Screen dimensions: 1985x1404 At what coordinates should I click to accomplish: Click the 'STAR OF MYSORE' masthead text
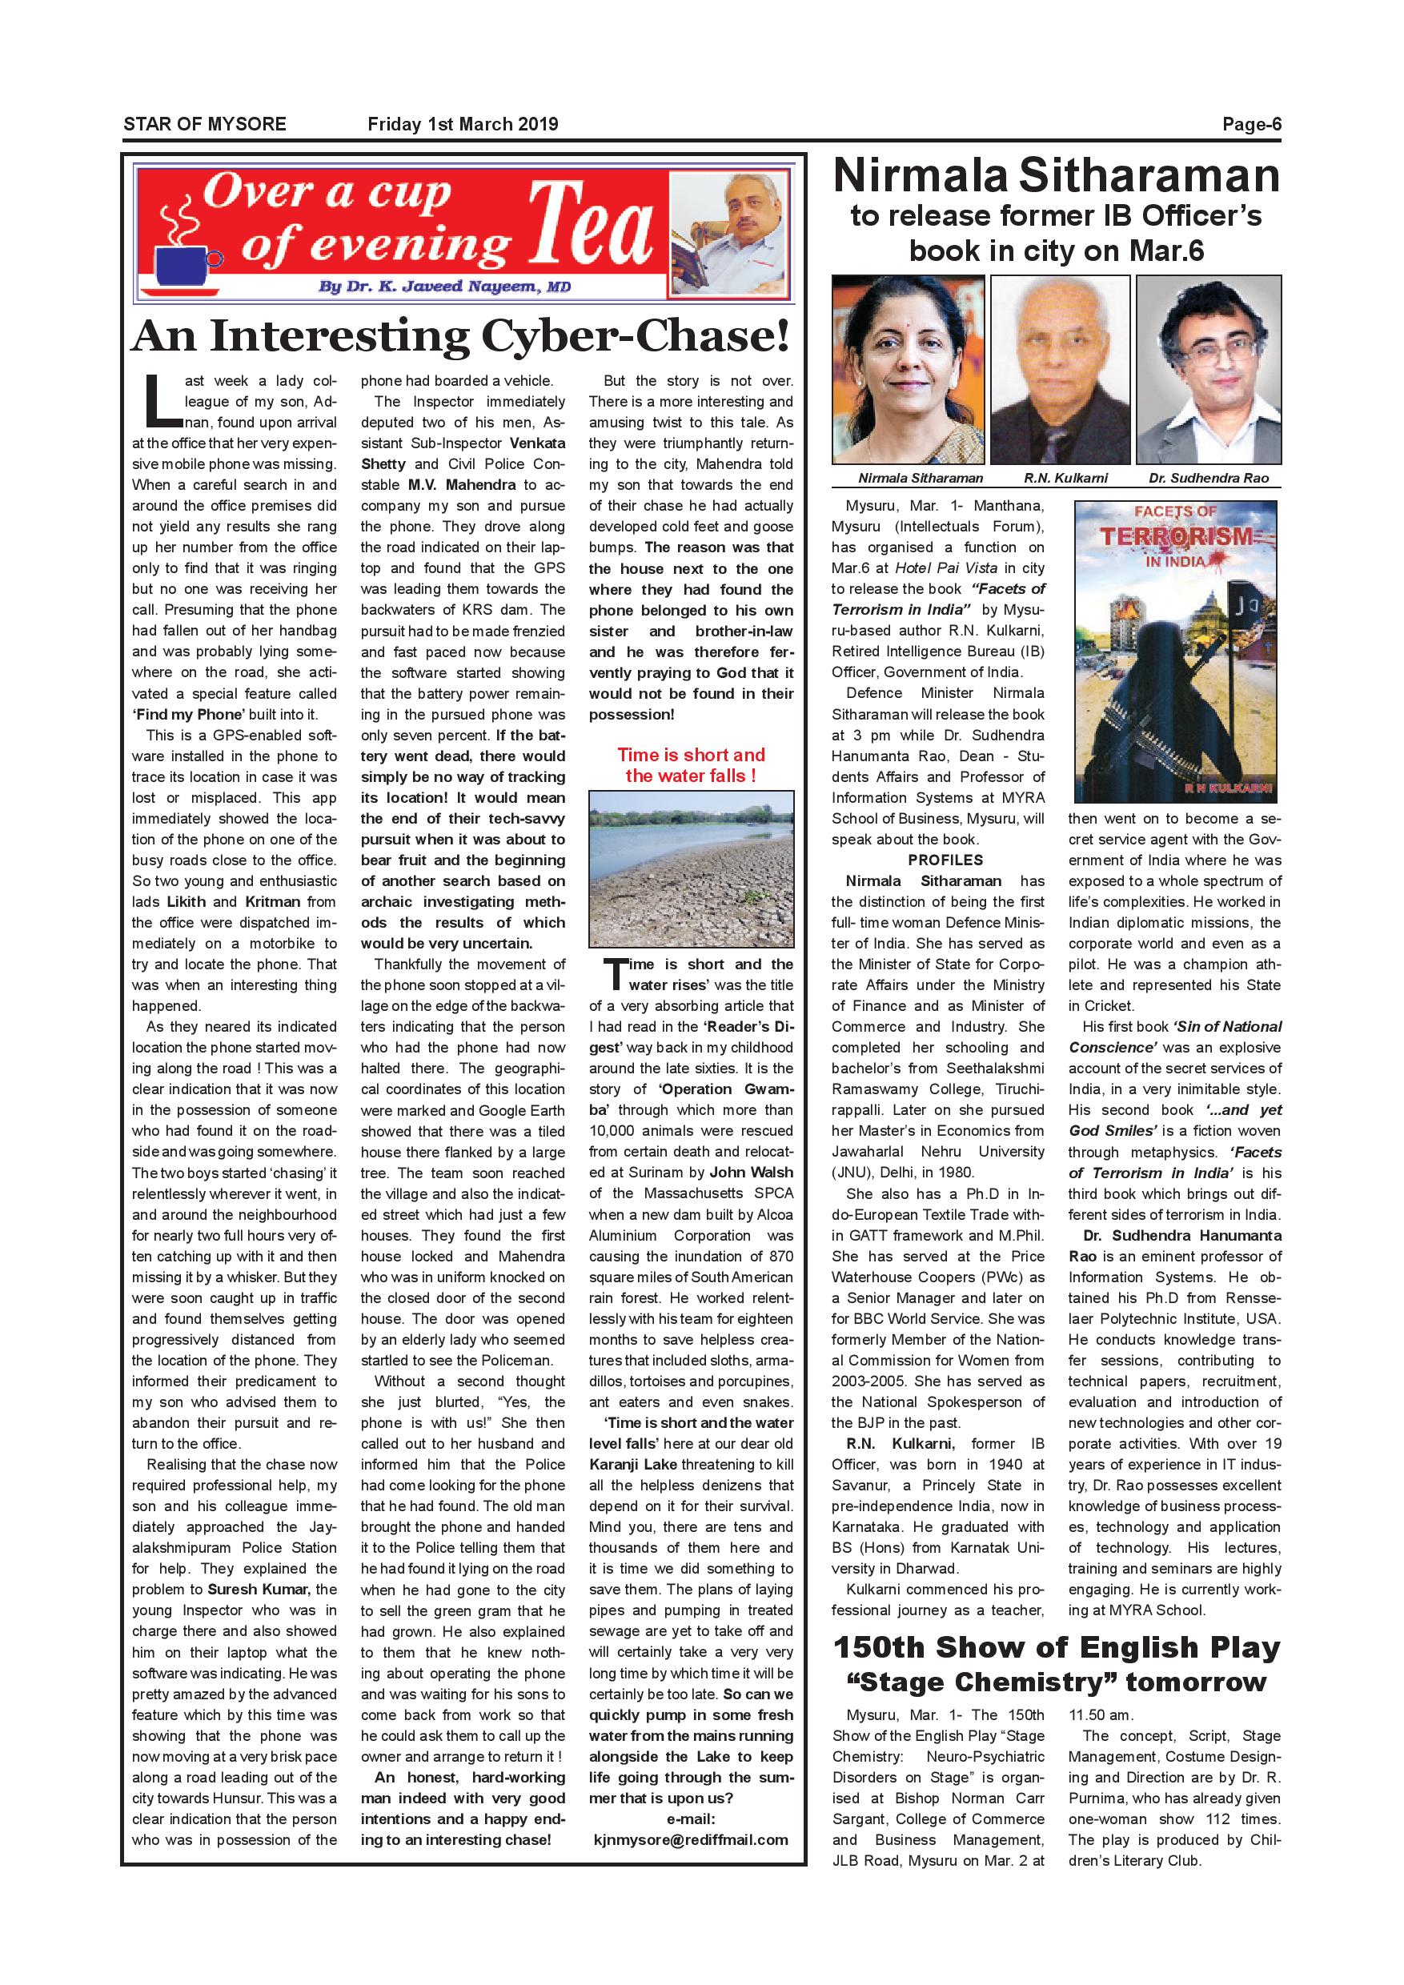(205, 123)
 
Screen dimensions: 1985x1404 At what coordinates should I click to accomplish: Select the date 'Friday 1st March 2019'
(463, 123)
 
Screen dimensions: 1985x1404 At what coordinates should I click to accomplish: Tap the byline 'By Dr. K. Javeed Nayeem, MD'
(444, 287)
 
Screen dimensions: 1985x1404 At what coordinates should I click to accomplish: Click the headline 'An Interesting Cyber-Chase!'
(461, 336)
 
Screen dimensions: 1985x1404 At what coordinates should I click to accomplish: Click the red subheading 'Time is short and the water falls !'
(691, 765)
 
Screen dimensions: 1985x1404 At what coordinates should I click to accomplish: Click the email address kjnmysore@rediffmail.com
(691, 1840)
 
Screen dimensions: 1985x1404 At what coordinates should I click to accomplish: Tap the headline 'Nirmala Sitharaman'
(1056, 176)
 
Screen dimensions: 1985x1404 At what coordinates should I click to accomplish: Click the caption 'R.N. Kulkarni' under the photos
(1065, 478)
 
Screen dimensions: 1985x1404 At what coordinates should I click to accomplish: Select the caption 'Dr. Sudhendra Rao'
(1209, 478)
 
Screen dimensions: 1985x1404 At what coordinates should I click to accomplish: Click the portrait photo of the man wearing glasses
(1209, 369)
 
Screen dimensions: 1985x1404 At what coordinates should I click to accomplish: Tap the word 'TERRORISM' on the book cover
(1176, 537)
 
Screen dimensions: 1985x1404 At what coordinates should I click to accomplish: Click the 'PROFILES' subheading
(945, 860)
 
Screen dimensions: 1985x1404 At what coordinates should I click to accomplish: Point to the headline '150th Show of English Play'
(1056, 1648)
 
